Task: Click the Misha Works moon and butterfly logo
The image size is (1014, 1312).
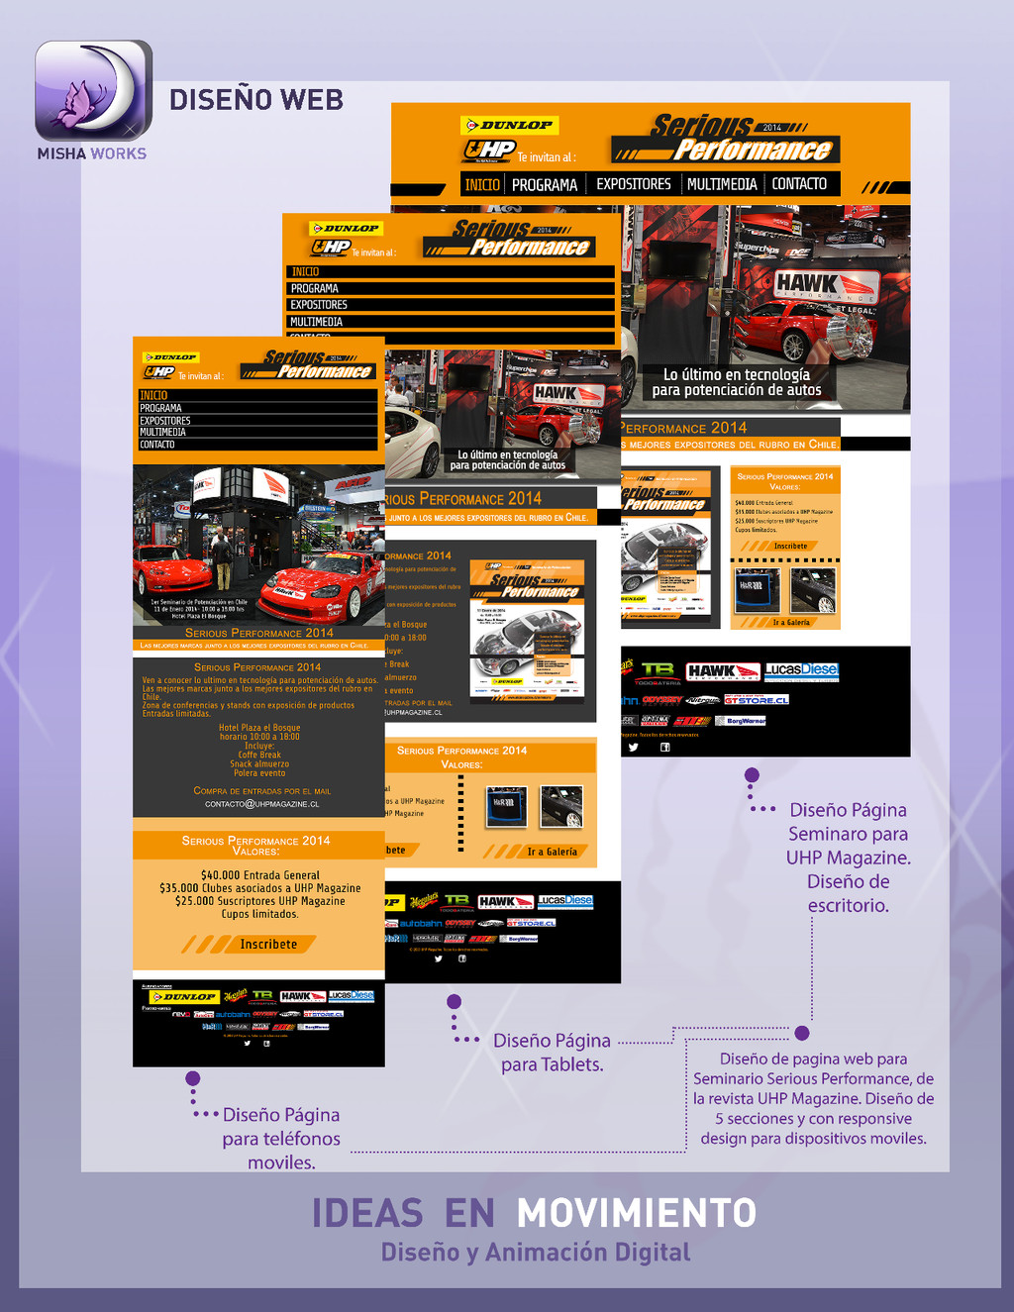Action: (94, 91)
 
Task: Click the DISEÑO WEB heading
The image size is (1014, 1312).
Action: (256, 100)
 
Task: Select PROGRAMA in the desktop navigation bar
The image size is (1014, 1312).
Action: (544, 184)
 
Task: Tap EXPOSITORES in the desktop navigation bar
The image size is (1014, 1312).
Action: (633, 184)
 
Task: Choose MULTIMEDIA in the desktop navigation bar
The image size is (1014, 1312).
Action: (722, 184)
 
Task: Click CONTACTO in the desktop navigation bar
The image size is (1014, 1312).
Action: (799, 184)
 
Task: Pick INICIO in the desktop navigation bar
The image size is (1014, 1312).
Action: (482, 184)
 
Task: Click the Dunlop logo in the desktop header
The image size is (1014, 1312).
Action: (510, 126)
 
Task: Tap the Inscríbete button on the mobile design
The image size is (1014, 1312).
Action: (267, 945)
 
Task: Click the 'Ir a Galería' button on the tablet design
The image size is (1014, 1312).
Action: (551, 852)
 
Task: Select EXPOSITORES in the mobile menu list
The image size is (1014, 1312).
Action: (165, 421)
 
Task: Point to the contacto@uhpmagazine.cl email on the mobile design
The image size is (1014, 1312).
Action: (261, 804)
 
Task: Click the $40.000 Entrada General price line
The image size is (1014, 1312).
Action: (259, 875)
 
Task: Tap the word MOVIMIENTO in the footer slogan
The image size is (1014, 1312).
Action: (636, 1213)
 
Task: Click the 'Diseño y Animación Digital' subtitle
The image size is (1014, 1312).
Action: (536, 1253)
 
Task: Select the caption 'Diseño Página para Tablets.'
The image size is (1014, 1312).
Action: (552, 1053)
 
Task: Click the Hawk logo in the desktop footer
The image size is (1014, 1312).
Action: (722, 672)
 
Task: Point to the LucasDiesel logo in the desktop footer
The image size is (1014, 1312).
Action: (801, 670)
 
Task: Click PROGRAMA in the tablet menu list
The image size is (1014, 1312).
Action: (315, 288)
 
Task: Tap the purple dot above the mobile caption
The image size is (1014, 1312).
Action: (193, 1078)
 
